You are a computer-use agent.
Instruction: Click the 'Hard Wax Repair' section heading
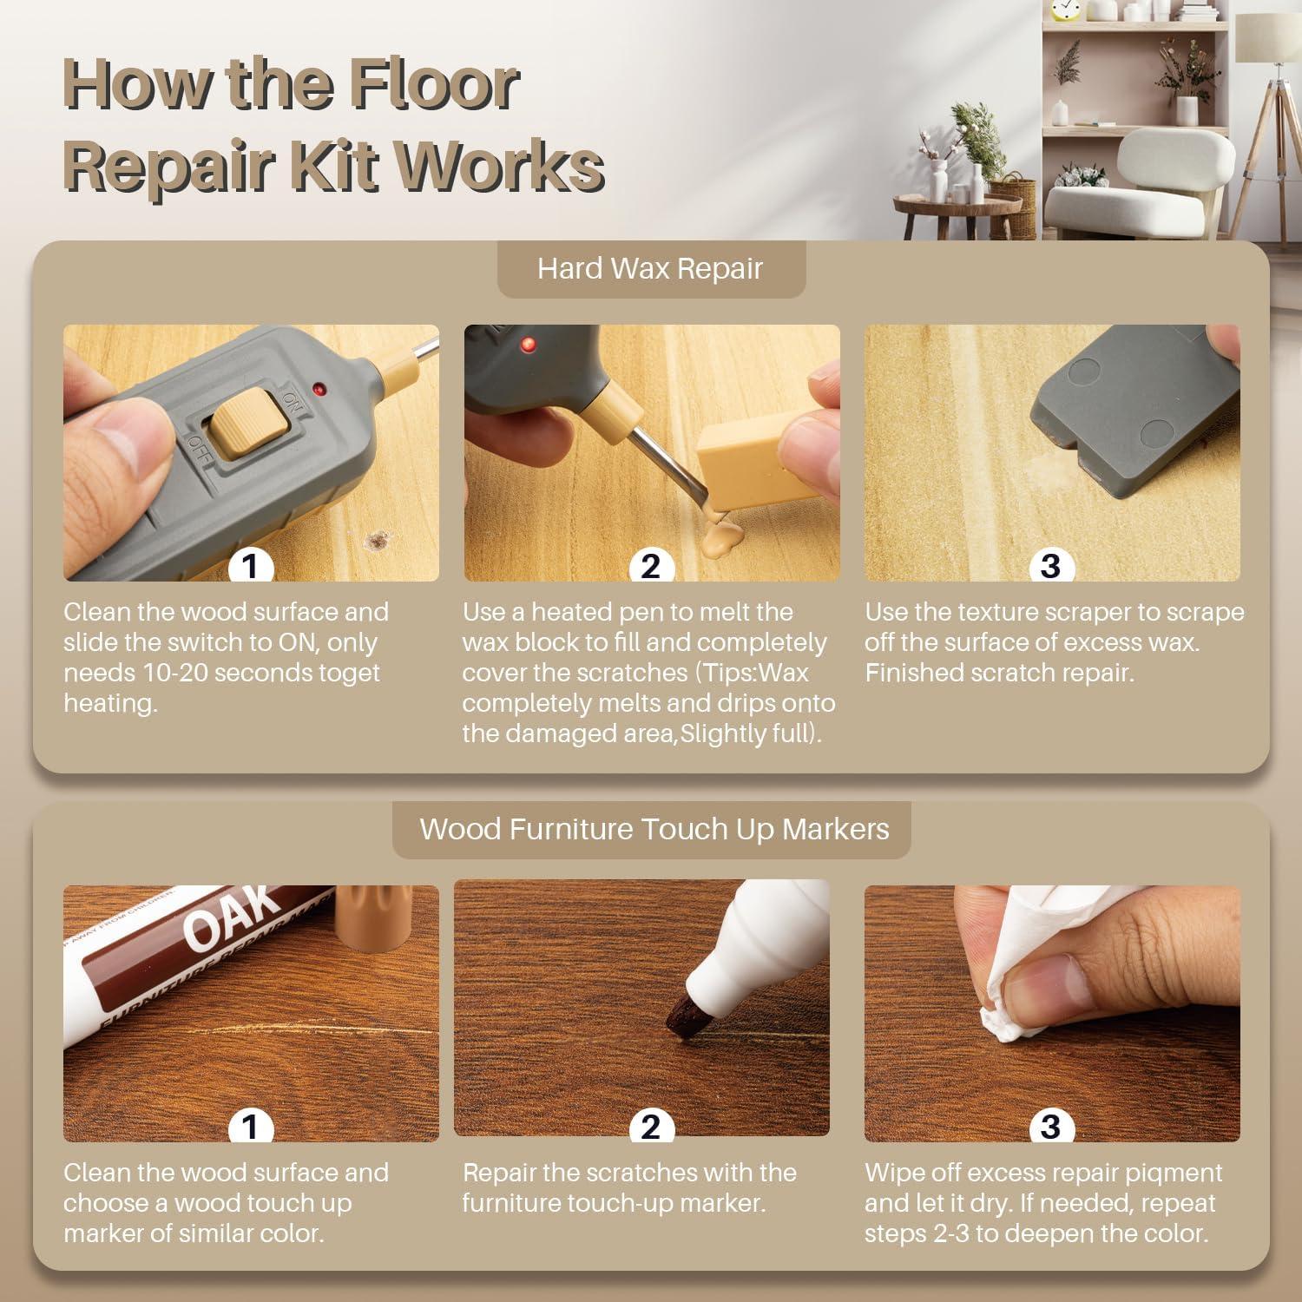pyautogui.click(x=650, y=268)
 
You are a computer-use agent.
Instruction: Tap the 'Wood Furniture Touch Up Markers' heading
pyautogui.click(x=654, y=829)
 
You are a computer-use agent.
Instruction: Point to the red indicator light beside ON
pyautogui.click(x=321, y=386)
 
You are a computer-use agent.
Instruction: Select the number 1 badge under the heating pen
pyautogui.click(x=251, y=566)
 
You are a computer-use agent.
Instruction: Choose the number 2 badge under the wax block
pyautogui.click(x=651, y=566)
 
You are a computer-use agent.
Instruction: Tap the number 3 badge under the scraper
pyautogui.click(x=1051, y=566)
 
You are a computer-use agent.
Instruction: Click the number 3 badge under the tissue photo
pyautogui.click(x=1051, y=1127)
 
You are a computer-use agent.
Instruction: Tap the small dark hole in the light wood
pyautogui.click(x=378, y=540)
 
